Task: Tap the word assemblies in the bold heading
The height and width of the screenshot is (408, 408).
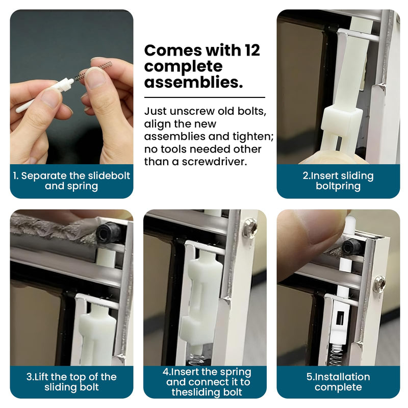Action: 193,82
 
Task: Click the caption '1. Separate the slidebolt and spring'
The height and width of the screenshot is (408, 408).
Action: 71,181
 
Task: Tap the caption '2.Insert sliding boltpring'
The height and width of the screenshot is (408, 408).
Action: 338,181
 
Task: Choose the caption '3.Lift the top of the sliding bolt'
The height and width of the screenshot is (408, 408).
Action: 71,381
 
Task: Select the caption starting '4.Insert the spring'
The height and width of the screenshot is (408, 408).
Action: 207,381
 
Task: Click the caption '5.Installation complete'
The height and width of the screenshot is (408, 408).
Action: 338,381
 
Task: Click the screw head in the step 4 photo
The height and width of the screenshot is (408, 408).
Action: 251,228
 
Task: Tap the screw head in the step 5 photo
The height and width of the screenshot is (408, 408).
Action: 379,284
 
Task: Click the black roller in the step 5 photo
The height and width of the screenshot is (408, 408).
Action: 351,247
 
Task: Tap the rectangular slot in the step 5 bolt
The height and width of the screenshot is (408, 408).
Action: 340,318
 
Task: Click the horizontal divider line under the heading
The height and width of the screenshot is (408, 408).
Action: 205,97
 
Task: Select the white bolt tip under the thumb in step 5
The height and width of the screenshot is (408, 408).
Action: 349,223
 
